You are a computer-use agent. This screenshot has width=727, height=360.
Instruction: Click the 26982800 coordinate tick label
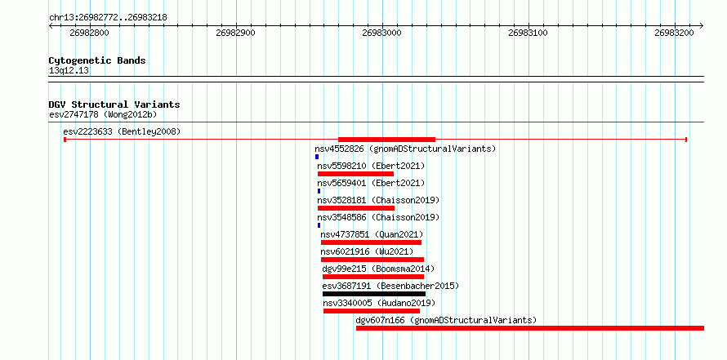(x=89, y=33)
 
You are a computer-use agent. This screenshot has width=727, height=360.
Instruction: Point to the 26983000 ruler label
(x=382, y=33)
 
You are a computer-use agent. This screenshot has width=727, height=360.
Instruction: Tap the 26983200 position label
(x=674, y=33)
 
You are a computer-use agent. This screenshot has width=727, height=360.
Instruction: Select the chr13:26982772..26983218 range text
(x=108, y=18)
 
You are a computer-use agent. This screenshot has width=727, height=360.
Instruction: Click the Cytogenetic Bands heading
(x=97, y=60)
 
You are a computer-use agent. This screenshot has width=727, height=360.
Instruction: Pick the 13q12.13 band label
(x=69, y=71)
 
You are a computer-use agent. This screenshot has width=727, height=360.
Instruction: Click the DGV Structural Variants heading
(x=114, y=104)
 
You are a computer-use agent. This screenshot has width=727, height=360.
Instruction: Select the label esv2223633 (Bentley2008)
(x=122, y=131)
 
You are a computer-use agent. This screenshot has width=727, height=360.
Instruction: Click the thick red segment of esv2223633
(x=386, y=140)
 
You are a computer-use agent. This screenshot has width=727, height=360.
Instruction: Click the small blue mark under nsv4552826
(x=317, y=157)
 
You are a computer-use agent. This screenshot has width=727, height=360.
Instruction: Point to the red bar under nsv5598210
(x=355, y=174)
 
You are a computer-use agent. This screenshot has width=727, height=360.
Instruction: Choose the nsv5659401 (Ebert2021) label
(x=371, y=183)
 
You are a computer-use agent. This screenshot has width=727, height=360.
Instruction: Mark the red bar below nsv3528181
(x=356, y=208)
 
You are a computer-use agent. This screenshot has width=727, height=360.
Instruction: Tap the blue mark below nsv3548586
(x=319, y=225)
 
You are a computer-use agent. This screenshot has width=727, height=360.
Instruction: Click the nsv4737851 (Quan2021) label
(x=372, y=234)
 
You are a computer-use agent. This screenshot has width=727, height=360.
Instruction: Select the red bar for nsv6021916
(x=372, y=260)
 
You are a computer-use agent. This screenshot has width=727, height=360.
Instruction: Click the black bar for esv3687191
(x=374, y=294)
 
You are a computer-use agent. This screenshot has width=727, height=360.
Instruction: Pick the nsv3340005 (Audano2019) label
(x=379, y=303)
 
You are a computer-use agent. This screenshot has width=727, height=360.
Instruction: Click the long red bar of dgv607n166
(x=530, y=328)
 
